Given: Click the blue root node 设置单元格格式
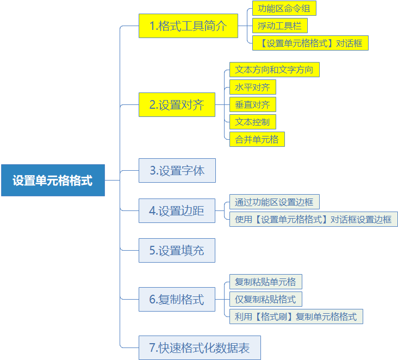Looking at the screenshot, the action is tap(53, 180).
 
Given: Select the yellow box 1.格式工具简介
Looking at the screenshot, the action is tap(188, 26).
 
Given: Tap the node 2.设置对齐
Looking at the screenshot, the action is tap(177, 104).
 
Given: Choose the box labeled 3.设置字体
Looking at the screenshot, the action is tap(177, 170).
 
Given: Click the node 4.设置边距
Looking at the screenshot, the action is tap(177, 210).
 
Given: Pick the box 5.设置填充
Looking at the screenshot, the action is tap(177, 250).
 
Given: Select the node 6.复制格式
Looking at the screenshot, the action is tap(177, 299).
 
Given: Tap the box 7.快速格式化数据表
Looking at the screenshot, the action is tap(200, 348).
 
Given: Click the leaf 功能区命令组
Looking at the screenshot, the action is tap(284, 8).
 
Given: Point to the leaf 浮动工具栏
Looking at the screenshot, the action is tap(280, 26).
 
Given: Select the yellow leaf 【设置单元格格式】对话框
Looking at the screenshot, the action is tap(310, 43).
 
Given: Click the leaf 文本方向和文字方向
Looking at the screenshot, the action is tap(275, 70).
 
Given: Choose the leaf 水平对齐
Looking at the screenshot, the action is tap(253, 87).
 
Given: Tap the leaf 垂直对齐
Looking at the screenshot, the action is tap(253, 104).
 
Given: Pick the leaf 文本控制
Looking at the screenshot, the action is tap(253, 122).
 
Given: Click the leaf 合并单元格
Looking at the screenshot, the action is tap(257, 139).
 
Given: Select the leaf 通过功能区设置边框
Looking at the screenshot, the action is tap(275, 202).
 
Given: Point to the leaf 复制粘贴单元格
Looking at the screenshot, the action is tap(266, 282).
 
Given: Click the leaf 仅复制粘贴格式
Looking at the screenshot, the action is tap(266, 299).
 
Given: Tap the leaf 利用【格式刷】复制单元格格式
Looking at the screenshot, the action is tap(296, 316).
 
